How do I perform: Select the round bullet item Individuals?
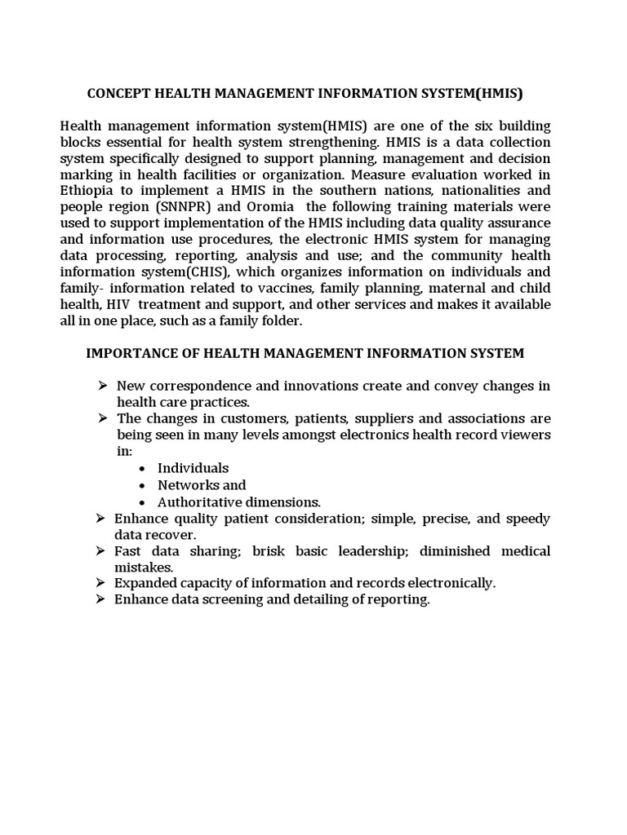[x=193, y=468]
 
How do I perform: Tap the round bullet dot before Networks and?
[x=143, y=485]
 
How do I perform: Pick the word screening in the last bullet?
[x=214, y=599]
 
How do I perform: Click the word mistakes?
[x=144, y=567]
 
